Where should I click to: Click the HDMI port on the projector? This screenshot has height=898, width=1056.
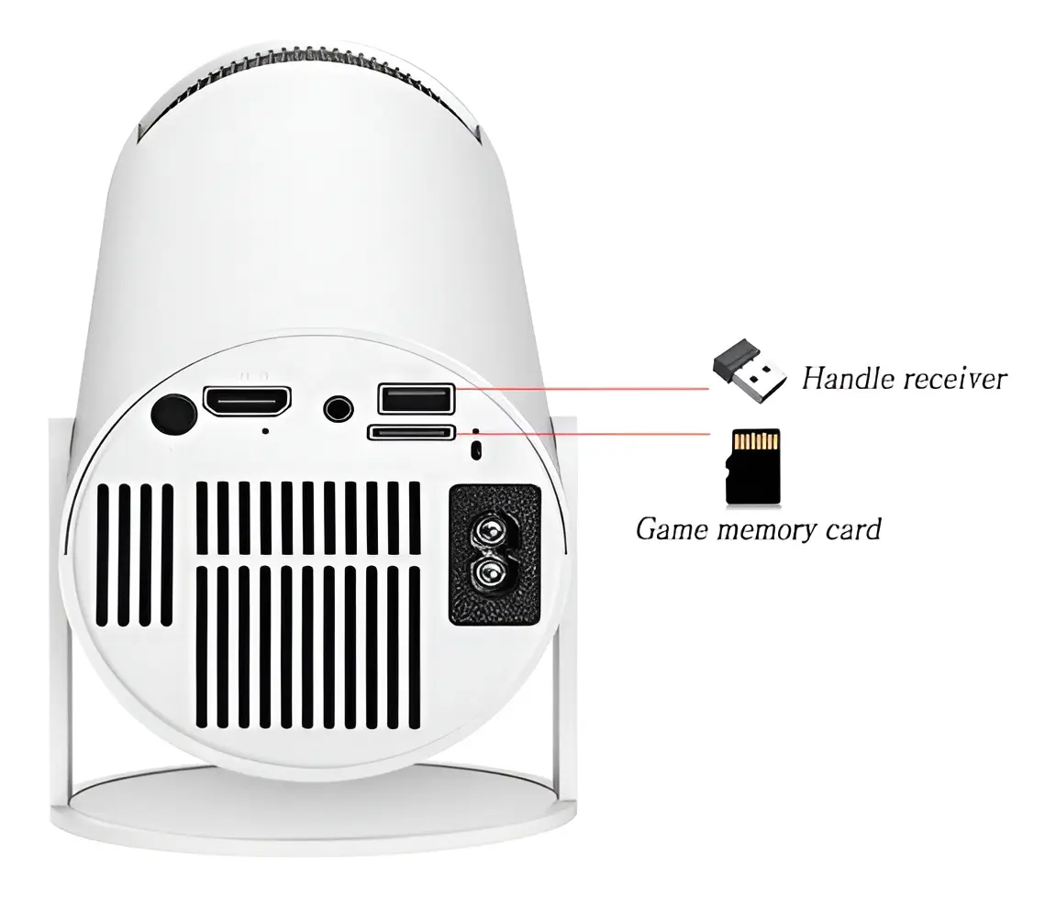coord(247,401)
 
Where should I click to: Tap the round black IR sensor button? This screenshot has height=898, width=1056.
coord(173,415)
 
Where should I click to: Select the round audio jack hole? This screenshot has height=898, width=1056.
coord(338,408)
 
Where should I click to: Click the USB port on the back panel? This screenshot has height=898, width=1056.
coord(417,398)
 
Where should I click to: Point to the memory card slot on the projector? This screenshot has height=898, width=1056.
coord(411,432)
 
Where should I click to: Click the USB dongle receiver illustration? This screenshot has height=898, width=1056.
coord(749,371)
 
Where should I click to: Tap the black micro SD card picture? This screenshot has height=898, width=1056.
coord(753,467)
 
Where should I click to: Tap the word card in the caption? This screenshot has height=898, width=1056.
coord(853,529)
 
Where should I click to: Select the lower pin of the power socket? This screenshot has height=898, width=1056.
coord(491,572)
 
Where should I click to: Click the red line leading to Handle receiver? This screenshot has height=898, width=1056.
coord(581,388)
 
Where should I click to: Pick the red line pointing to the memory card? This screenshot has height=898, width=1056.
coord(583,434)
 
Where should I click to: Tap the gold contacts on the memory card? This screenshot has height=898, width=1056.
coord(755,441)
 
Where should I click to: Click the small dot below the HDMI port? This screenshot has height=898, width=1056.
coord(266,431)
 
